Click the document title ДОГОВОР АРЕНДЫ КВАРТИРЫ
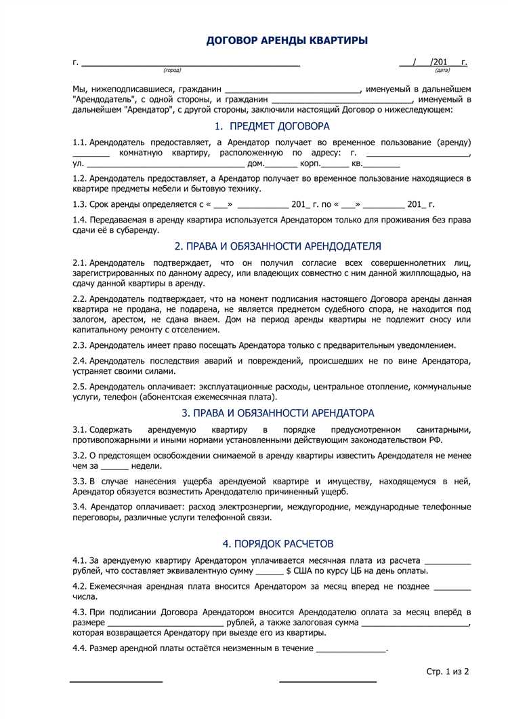point(287,41)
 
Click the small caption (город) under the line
point(172,71)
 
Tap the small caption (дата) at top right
point(442,71)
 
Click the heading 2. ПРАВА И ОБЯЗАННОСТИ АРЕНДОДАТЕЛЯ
point(278,246)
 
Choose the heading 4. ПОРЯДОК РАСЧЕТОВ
point(278,544)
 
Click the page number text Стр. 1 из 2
point(448,672)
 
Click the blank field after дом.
point(281,165)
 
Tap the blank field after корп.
point(335,165)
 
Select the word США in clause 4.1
point(308,572)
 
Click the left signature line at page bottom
point(116,680)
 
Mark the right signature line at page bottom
point(328,680)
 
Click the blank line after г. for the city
point(190,64)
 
